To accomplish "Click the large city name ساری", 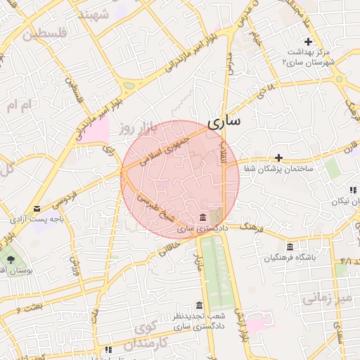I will [224, 120].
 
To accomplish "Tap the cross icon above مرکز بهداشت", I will [308, 42].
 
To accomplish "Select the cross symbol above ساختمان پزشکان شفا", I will [278, 157].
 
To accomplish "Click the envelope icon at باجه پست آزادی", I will [37, 207].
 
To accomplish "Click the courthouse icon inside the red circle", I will [202, 217].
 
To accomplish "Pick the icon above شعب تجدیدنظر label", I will [200, 304].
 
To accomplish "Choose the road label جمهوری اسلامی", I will [163, 149].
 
